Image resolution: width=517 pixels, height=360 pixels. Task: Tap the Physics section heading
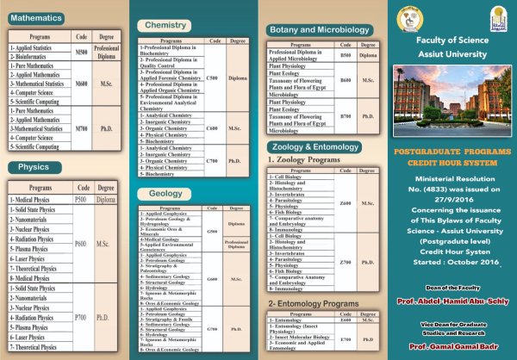coord(34,166)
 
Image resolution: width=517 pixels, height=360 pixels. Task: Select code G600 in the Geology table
coord(212,279)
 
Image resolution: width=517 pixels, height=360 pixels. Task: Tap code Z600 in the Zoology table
coord(346,202)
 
